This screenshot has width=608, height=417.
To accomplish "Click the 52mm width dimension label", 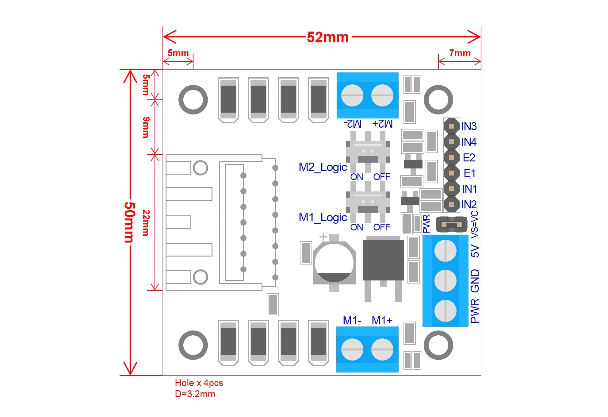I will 327,37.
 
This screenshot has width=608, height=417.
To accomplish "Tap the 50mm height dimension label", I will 129,222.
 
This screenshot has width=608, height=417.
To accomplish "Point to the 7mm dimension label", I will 460,53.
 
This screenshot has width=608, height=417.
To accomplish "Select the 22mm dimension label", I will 146,222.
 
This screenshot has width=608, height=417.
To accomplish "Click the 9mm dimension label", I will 146,127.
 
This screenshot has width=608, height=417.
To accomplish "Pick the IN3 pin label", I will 469,126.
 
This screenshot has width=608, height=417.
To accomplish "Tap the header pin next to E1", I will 451,173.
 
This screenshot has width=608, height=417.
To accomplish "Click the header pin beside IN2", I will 451,204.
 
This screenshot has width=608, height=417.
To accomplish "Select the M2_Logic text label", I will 323,168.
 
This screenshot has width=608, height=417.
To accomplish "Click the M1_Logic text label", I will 323,218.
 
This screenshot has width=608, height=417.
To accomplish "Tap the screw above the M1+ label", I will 382,349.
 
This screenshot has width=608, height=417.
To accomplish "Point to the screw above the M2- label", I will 352,95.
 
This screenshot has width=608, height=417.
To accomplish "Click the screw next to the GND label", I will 445,281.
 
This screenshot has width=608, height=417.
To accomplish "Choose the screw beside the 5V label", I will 445,251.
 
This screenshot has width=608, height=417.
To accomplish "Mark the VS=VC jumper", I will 451,225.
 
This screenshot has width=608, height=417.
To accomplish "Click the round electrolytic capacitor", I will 334,263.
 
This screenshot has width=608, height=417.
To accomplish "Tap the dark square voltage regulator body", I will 383,260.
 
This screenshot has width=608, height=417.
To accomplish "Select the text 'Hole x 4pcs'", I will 199,383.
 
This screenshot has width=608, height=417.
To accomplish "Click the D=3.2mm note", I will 195,394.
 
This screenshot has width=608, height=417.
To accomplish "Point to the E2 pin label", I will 469,158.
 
